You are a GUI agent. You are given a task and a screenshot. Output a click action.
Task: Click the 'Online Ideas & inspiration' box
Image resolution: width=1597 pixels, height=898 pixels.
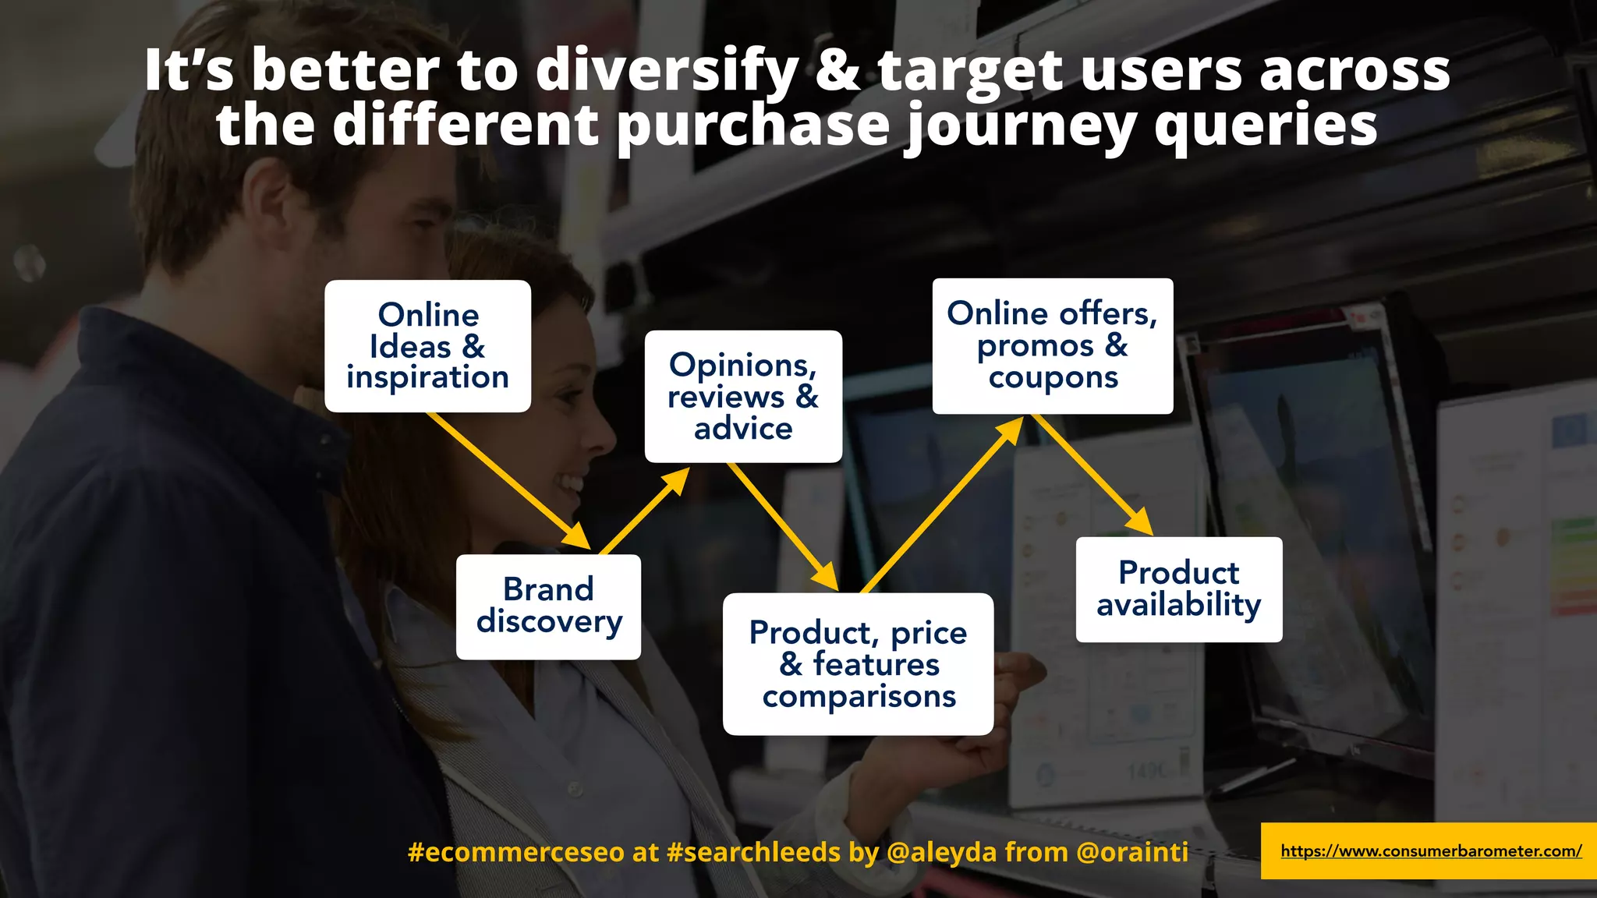click(427, 346)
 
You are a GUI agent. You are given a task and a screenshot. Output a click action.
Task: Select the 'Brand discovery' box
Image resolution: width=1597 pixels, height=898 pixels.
click(548, 606)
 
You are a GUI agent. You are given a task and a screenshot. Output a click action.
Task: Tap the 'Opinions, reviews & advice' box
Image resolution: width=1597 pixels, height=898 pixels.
click(743, 396)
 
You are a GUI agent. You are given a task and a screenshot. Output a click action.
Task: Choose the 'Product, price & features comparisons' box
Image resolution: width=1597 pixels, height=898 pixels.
click(858, 664)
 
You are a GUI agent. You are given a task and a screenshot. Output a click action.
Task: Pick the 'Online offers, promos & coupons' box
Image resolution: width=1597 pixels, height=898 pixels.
click(1052, 345)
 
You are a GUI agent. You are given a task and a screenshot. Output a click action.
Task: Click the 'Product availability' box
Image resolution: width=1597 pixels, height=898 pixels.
click(1178, 589)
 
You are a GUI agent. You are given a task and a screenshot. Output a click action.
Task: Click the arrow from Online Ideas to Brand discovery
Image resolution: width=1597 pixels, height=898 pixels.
click(507, 480)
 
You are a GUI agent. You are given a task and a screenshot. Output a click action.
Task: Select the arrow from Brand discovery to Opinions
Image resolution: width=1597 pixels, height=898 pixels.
click(644, 511)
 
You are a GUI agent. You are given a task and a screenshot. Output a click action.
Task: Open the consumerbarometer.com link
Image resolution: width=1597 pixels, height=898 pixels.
click(1431, 851)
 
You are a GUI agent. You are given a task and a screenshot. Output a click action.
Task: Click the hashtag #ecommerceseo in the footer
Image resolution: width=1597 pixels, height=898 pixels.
click(516, 852)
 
